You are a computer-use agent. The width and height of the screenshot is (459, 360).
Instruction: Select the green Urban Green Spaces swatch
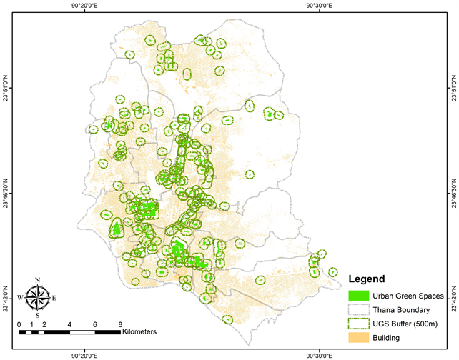coord(358,295)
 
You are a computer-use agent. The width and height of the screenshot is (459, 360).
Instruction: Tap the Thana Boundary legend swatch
coord(358,309)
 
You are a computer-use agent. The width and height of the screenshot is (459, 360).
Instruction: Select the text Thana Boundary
coord(400,309)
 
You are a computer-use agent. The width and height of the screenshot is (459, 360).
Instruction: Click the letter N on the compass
coord(38,280)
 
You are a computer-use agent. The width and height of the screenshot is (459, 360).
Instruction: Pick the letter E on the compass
coord(54,297)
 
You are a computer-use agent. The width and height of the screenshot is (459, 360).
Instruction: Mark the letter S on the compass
coord(38,314)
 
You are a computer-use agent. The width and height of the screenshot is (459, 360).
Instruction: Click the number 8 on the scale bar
coord(119,324)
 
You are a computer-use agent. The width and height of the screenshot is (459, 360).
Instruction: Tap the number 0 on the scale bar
coord(19,324)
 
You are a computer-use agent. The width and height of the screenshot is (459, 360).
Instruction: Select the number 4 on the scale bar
coord(69,324)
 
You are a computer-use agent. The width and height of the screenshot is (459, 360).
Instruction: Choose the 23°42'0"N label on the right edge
coord(453,295)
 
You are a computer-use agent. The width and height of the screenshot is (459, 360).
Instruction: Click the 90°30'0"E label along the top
coord(319,6)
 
